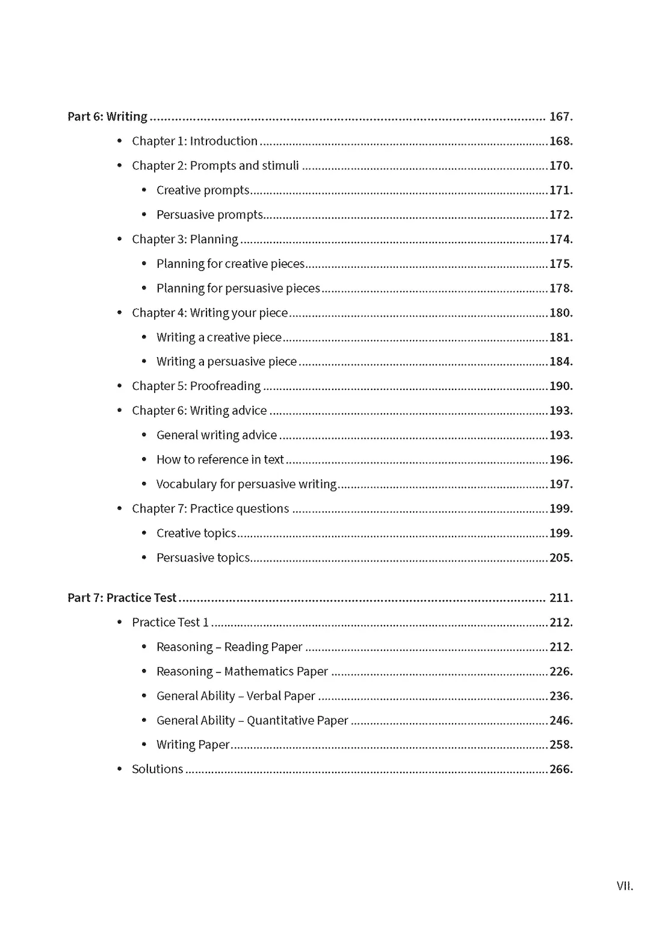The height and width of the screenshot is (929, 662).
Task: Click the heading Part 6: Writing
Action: [107, 116]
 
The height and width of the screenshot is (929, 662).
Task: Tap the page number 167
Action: [560, 116]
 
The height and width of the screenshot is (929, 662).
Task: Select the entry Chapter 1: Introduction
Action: [194, 141]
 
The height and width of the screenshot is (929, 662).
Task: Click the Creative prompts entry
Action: [203, 190]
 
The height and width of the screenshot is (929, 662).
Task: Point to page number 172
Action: [560, 214]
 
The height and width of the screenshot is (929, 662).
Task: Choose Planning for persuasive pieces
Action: [238, 288]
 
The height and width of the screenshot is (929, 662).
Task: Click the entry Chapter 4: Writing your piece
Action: [209, 312]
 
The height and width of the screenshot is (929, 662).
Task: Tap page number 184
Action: [560, 361]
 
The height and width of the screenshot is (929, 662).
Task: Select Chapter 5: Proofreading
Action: [196, 386]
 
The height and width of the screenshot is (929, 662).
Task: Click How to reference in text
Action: [220, 459]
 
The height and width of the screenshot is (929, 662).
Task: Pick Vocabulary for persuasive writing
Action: [246, 484]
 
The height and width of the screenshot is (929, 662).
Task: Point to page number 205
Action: [560, 558]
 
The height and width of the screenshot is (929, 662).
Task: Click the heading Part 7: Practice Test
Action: [122, 598]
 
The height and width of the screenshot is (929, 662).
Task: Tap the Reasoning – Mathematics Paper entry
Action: [242, 671]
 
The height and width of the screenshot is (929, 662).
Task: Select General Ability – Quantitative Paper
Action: [252, 720]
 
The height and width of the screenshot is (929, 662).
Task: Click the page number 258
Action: [560, 745]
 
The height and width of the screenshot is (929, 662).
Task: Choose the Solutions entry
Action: [157, 769]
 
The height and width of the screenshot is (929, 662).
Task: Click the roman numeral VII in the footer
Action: [625, 886]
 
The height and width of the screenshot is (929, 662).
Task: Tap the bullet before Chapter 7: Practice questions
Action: [120, 509]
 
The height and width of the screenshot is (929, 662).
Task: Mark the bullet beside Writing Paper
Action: [144, 745]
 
